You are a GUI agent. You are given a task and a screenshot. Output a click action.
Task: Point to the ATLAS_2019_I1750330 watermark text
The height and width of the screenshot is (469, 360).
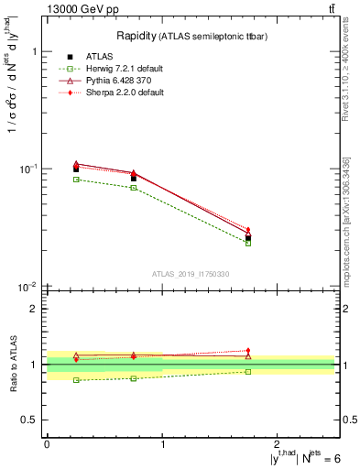point(191,274)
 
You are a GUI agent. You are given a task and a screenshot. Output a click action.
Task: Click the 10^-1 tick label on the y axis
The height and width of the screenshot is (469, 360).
point(27,169)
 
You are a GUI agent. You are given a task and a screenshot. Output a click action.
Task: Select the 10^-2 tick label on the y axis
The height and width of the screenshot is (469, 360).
point(27,287)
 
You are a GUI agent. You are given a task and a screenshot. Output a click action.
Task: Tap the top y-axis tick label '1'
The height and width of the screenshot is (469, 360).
point(34,52)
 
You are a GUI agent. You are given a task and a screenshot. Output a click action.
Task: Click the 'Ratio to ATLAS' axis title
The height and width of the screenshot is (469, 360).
point(11,365)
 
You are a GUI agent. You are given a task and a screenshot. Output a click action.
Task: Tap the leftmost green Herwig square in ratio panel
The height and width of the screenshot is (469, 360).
point(76,380)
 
